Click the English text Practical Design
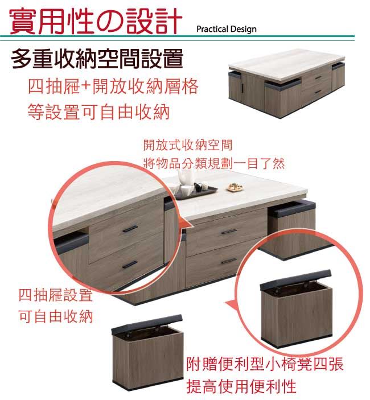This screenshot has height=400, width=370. coord(227,29)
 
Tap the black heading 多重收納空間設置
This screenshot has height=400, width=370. coord(97,59)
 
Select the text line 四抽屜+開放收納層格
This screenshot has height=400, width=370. coord(113,86)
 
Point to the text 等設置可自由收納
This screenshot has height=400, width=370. coord(98,112)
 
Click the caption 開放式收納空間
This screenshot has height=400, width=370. coord(188,145)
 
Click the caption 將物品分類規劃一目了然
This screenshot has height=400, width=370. coord(214,163)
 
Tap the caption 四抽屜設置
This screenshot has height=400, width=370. coord(56,295)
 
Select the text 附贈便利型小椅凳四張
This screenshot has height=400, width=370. coord(265,364)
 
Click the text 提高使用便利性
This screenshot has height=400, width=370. coord(241,386)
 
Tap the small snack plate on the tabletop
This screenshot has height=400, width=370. coord(235,187)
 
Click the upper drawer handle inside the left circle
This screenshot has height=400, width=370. coord(130,229)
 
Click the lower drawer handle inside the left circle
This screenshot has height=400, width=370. coord(130,265)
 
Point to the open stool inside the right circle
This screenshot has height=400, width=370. coord(296,308)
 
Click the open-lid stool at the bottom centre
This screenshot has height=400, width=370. coord(148,352)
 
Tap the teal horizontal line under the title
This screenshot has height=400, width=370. coord(177,36)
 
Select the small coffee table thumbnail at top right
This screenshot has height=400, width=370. coord(287,83)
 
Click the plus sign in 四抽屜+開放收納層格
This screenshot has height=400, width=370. coord(87,87)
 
